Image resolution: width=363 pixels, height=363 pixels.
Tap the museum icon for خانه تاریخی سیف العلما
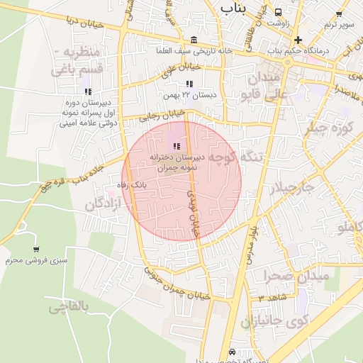pos(195,39)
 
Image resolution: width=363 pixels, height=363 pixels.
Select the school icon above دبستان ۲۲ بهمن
pos(189,84)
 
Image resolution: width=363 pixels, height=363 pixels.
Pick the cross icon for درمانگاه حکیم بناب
pos(298,40)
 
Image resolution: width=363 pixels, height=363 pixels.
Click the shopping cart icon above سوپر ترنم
pos(339,13)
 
